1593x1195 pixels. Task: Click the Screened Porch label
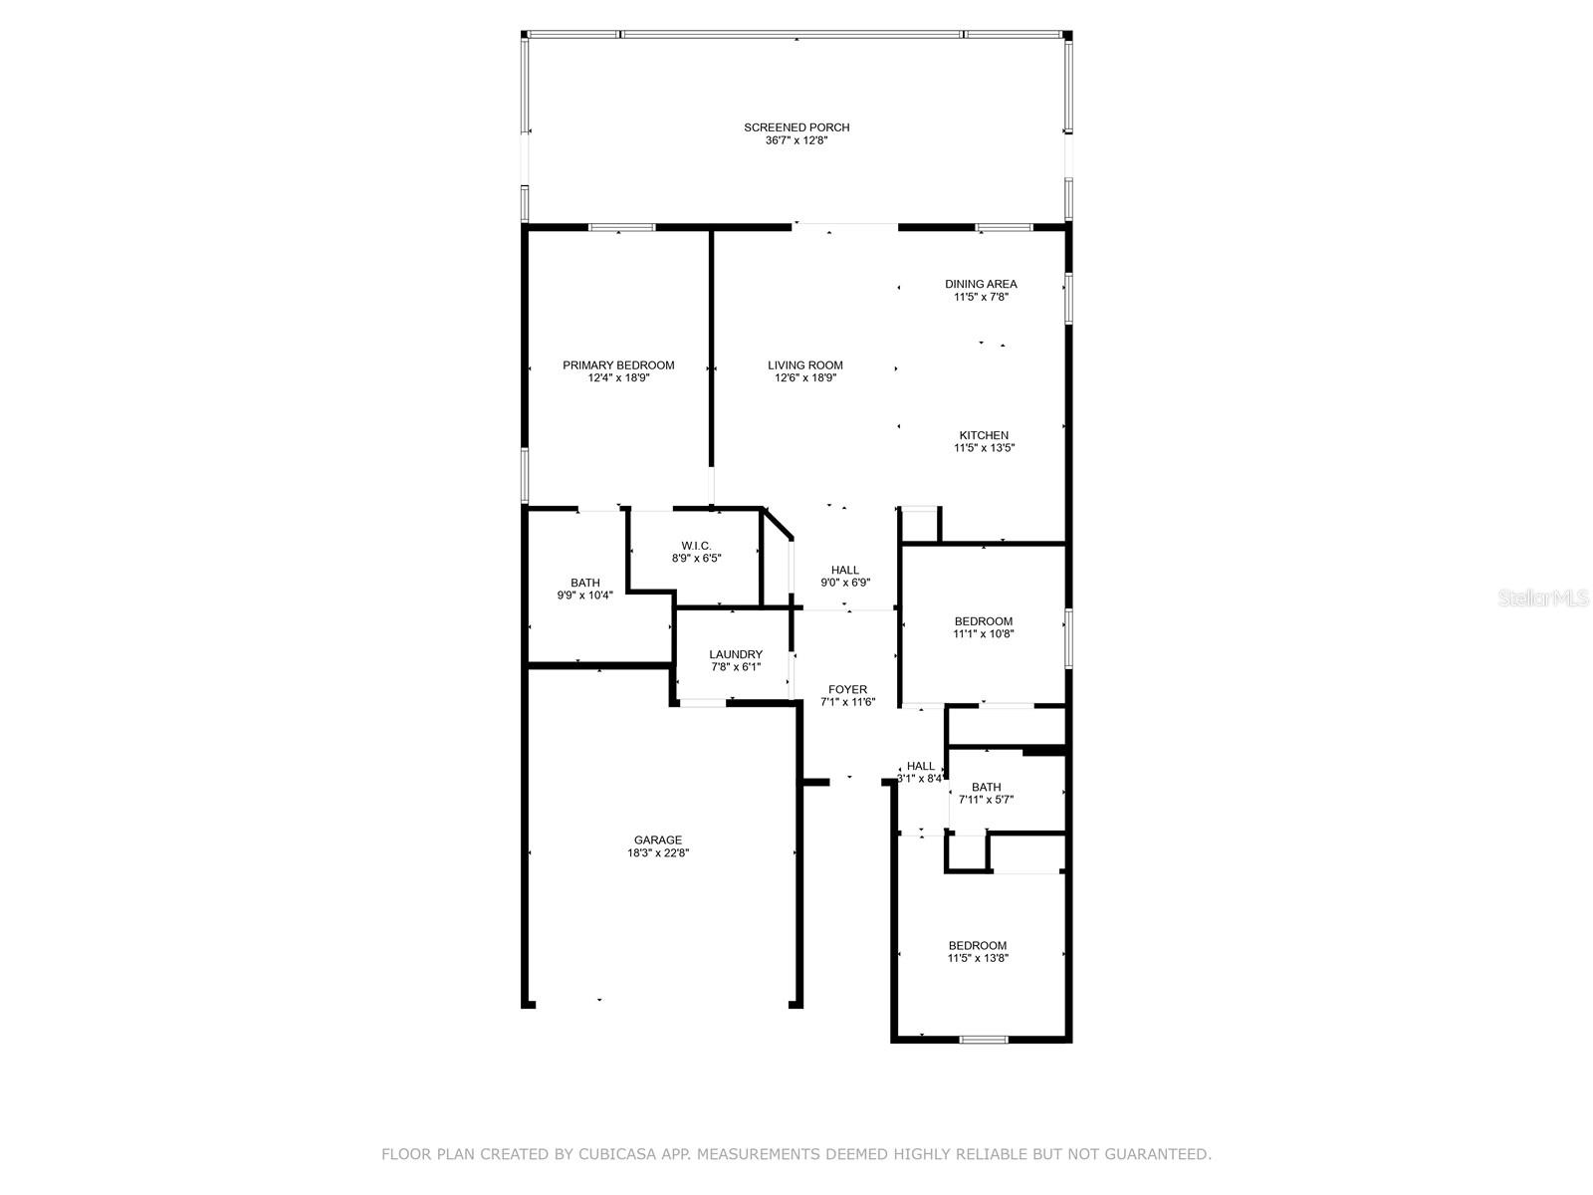pos(796,127)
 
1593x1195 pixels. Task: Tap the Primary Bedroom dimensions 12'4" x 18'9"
pos(618,378)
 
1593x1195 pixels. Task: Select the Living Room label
pos(804,365)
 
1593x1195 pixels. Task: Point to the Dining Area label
pos(981,285)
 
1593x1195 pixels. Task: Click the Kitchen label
pos(984,436)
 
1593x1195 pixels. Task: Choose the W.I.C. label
pos(696,547)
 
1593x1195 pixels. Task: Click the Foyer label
pos(847,690)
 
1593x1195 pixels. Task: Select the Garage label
pos(657,840)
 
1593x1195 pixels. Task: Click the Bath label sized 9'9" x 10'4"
pos(585,584)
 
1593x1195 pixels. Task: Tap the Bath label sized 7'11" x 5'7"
pos(986,788)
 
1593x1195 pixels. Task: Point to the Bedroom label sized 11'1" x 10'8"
pos(983,621)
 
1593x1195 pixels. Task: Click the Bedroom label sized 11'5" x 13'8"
pos(977,946)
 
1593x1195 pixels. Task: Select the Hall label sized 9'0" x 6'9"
pos(844,571)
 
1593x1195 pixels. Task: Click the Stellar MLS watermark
pos(1542,598)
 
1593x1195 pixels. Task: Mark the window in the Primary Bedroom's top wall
pos(621,228)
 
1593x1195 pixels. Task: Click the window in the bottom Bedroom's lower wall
pos(984,1041)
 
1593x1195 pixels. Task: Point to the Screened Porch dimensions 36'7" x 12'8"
pos(796,140)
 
